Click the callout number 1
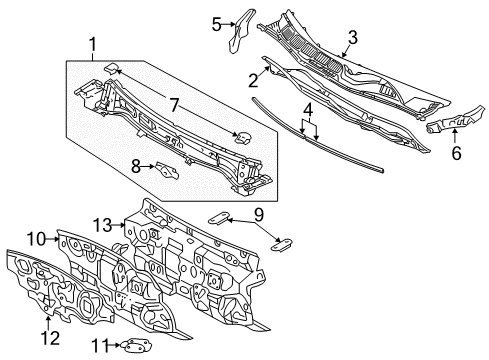pos(93,44)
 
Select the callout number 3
pos(351,38)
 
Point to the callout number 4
pos(307,109)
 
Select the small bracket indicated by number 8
pos(162,169)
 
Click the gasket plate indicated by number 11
pos(132,346)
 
